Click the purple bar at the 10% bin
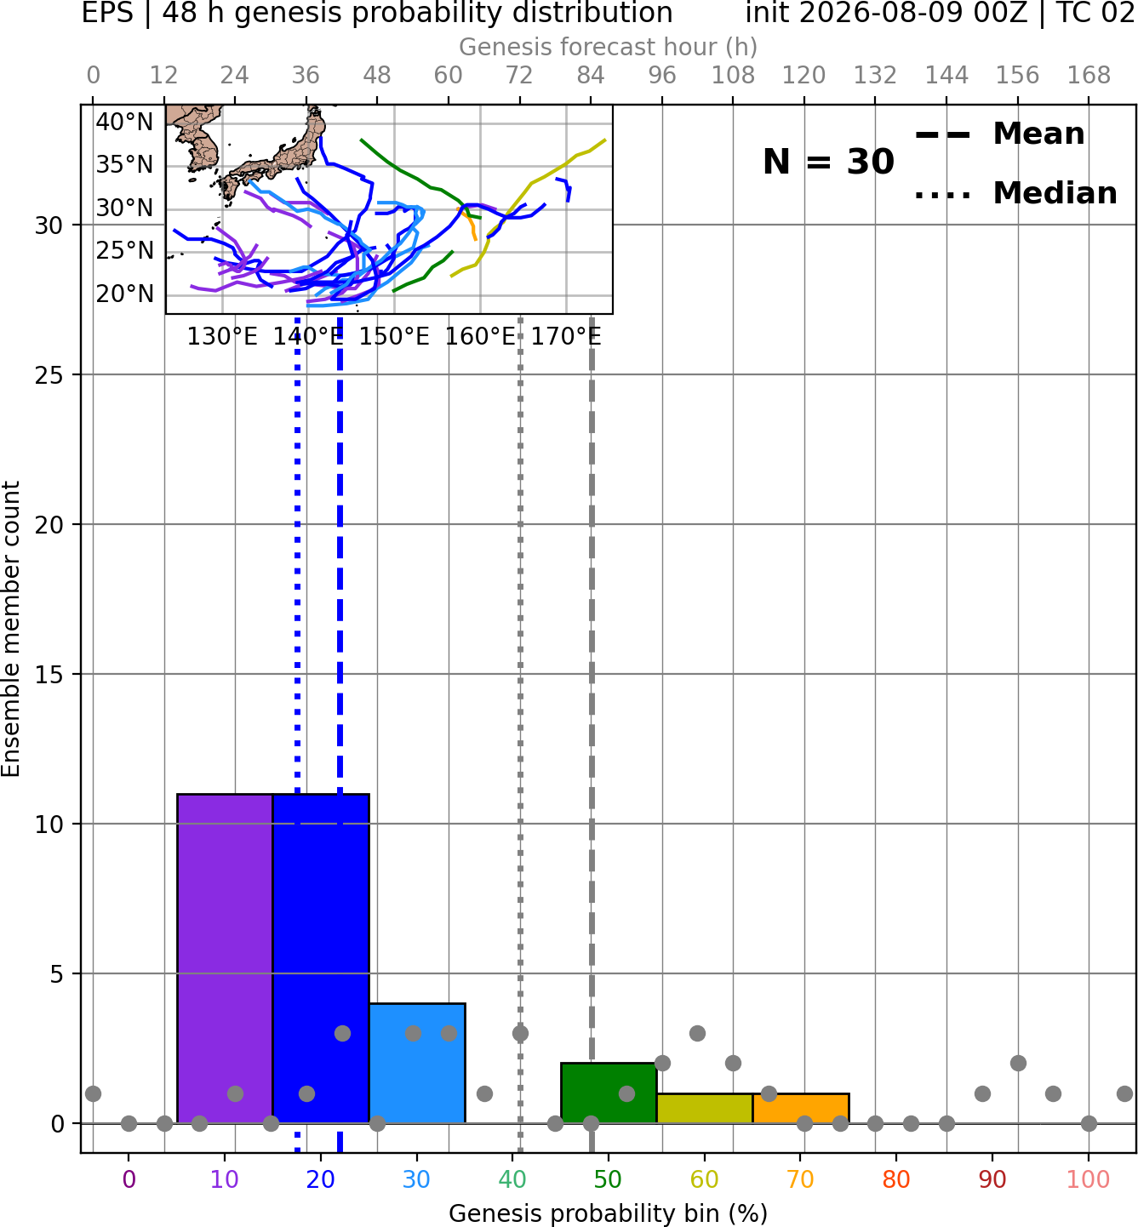click(225, 958)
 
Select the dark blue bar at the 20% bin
click(321, 958)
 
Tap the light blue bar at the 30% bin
click(417, 1064)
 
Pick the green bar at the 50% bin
click(609, 1093)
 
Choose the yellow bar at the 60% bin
click(705, 1109)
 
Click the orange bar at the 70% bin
click(800, 1109)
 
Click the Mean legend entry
click(999, 134)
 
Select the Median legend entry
click(1015, 193)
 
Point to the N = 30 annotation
click(828, 162)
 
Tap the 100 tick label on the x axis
click(1089, 1179)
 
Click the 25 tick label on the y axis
click(49, 375)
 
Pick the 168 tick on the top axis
click(1089, 76)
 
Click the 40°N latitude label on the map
click(124, 123)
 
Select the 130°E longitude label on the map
click(222, 337)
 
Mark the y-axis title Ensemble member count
click(11, 629)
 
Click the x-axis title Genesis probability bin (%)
click(609, 1213)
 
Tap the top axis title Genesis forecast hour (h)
click(609, 47)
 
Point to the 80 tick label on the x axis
click(896, 1179)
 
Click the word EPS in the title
click(107, 13)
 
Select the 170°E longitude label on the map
click(566, 337)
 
